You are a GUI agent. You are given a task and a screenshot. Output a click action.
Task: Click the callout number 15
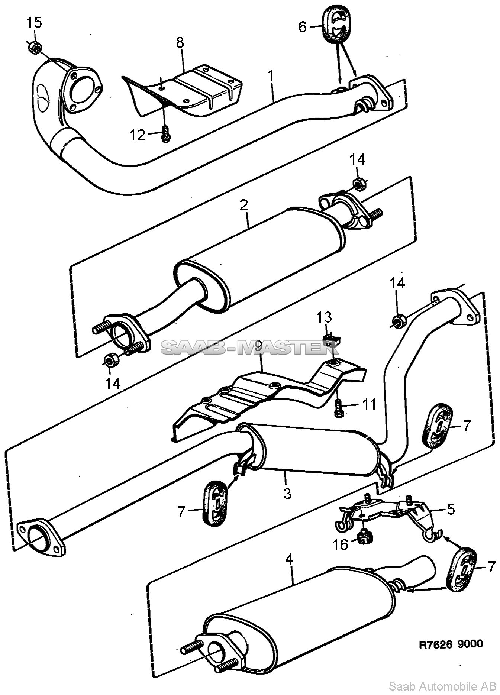coord(34,23)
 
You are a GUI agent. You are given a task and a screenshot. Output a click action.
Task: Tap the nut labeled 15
coord(35,47)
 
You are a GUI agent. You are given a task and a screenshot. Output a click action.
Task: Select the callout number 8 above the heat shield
coord(180,43)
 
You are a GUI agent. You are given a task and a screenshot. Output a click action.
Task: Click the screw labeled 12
coord(165,134)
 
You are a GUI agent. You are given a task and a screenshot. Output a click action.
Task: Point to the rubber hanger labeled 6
coord(336,24)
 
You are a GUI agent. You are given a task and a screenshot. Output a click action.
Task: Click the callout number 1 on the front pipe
coord(271,76)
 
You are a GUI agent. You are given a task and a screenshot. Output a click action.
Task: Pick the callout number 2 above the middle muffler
coord(244,205)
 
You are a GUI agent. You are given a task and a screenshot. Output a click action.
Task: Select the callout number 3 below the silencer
coord(287,494)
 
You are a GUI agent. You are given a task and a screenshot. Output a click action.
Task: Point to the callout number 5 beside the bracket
coord(451,509)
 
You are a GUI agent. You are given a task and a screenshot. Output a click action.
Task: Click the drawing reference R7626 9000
coord(451,643)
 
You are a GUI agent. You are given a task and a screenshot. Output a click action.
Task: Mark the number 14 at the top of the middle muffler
coord(357,159)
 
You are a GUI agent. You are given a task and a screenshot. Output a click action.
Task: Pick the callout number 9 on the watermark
coord(258,347)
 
